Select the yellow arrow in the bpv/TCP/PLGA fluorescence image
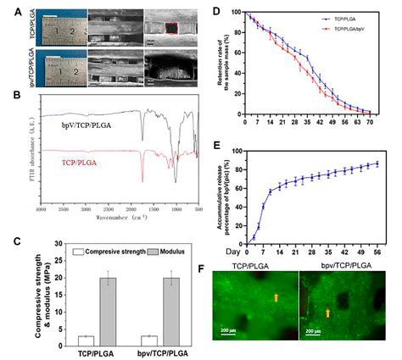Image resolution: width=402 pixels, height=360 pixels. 349,313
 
